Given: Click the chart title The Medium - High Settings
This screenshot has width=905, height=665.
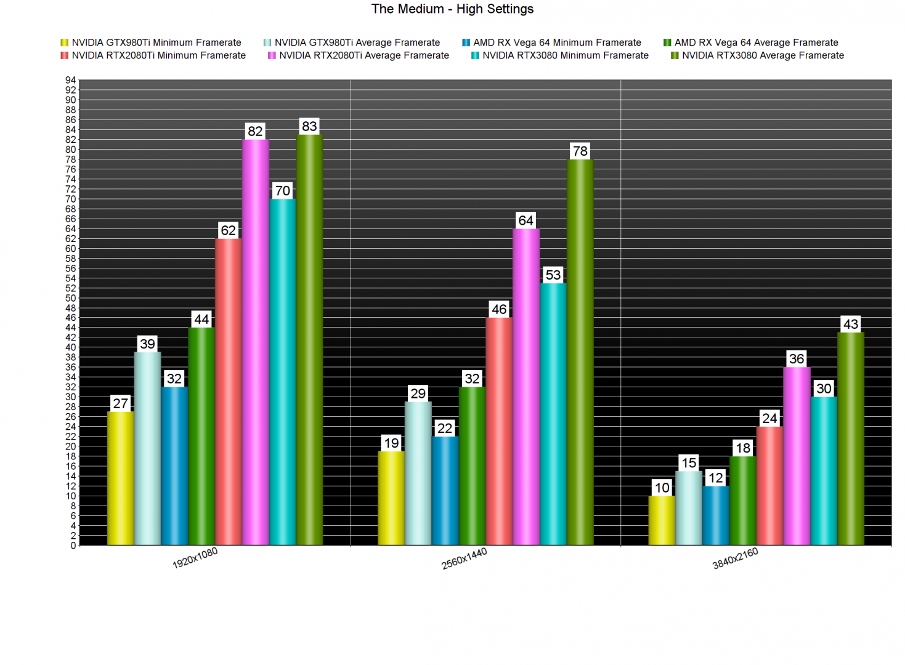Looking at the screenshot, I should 452,9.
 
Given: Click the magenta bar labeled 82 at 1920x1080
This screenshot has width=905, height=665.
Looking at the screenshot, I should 255,342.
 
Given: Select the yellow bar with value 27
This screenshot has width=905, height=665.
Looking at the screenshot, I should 120,478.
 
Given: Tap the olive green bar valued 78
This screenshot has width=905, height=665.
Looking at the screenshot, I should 580,352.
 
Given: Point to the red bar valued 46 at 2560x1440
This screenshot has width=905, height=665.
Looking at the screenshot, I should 499,431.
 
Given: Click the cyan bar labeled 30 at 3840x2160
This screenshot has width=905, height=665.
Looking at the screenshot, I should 824,470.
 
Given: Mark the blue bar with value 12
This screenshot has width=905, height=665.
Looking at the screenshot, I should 716,515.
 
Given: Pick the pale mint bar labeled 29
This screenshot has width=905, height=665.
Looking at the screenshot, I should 418,473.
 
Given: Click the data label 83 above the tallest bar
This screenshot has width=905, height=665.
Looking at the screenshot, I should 309,126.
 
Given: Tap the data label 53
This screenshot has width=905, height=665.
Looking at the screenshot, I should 553,275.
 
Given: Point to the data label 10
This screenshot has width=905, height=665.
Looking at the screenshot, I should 662,488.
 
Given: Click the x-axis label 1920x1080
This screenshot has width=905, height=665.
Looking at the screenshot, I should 195,558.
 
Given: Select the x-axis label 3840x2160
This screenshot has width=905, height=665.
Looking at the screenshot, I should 735,558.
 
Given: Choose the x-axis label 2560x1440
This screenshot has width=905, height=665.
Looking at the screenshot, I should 465,558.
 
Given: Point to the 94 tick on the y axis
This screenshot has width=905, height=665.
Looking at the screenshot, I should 70,80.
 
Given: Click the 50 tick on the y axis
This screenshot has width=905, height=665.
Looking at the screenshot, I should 70,298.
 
